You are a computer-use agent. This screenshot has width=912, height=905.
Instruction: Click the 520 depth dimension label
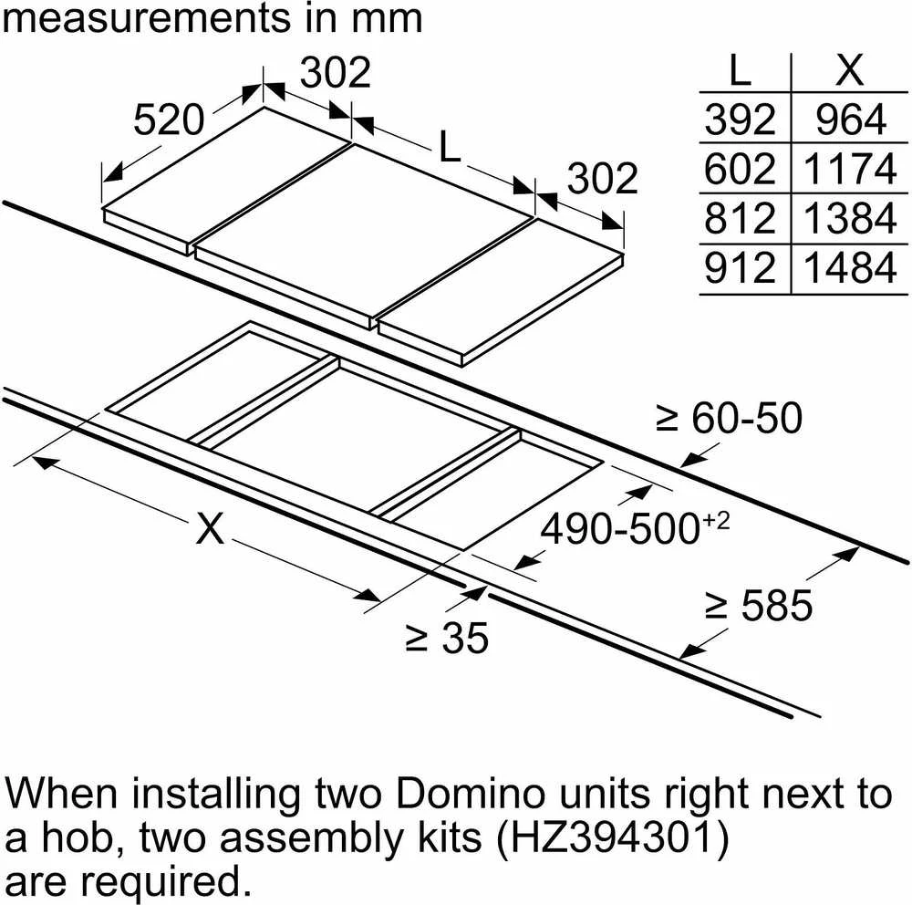coord(170,120)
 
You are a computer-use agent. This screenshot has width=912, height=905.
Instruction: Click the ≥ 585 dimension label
coord(759,605)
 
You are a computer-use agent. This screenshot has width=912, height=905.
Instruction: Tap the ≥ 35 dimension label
coord(447,639)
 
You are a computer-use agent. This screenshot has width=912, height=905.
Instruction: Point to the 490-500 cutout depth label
coord(635,527)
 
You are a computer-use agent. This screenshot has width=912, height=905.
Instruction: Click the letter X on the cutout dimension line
coord(210,528)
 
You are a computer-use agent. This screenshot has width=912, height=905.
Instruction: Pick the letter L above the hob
coord(450,146)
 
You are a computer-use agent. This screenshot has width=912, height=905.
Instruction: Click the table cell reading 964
coord(851,120)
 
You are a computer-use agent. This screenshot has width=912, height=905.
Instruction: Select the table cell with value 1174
coord(850,169)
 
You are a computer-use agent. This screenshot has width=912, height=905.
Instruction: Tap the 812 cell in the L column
coord(740,218)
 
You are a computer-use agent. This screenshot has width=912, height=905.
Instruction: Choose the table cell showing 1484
coord(850,268)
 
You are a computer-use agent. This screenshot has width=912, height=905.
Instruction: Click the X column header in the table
coord(850,70)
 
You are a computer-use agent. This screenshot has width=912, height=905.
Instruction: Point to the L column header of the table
coord(740,70)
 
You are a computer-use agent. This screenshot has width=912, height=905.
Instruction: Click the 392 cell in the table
coord(740,120)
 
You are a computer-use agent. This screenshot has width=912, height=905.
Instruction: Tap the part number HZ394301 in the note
coord(612,837)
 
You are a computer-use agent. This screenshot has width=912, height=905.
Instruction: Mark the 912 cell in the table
coord(740,268)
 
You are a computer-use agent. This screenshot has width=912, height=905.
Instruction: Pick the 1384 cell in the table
coord(850,218)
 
